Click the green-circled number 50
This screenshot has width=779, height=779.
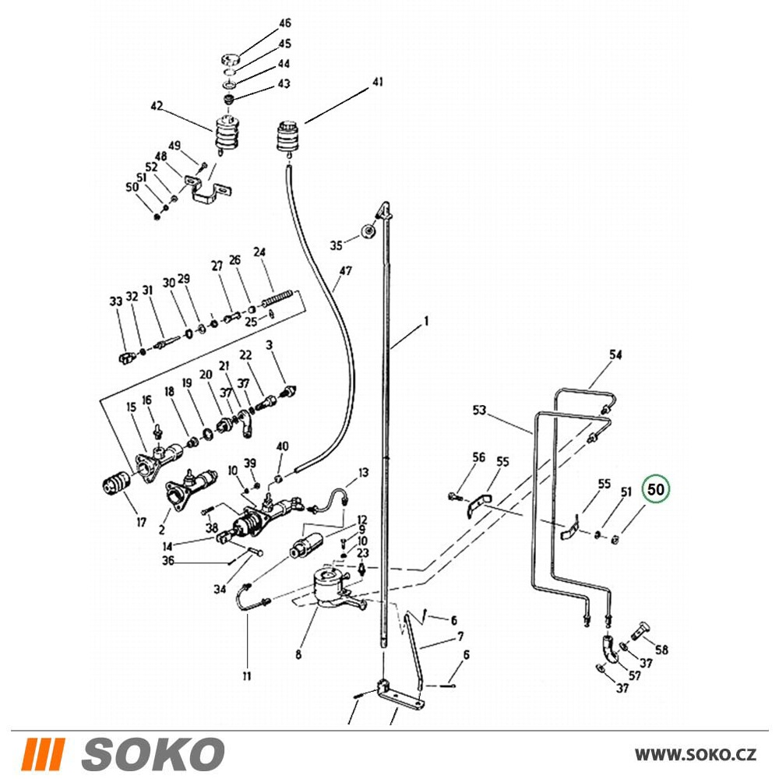coord(656,489)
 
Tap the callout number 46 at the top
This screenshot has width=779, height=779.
coord(284,23)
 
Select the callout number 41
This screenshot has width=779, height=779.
coord(378,82)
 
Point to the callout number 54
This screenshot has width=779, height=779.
coord(615,354)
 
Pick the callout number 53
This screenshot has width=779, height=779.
coord(479,411)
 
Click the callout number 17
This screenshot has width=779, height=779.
coord(142,522)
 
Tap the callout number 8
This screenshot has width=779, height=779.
coord(298,654)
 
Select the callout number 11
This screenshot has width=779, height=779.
coord(247,675)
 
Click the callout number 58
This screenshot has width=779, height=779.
coord(661,650)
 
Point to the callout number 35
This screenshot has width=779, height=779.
coord(337,245)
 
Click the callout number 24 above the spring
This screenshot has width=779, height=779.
coord(259,252)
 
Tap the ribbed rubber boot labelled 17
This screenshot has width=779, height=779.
coord(116,481)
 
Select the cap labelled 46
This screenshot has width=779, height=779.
coord(231,60)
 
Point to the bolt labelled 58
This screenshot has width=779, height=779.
coord(636,630)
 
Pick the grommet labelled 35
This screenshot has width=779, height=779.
coord(368,231)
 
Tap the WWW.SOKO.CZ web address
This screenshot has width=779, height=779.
coord(696,755)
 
